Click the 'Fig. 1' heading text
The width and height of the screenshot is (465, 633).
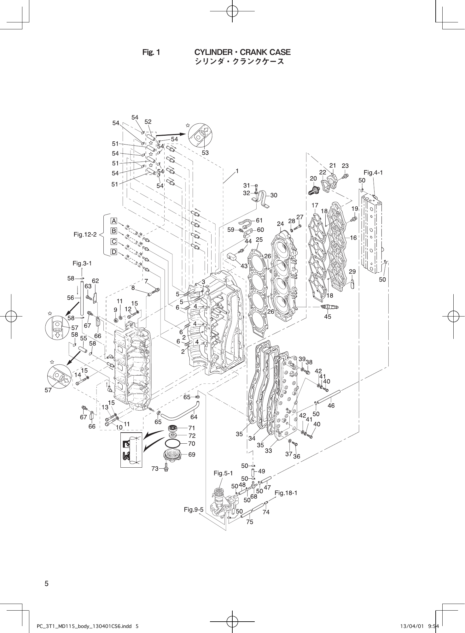[151, 52]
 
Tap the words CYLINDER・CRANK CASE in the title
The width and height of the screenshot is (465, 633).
[242, 52]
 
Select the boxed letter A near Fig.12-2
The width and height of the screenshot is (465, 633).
[114, 221]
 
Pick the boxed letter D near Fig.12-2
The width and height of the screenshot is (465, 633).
[114, 252]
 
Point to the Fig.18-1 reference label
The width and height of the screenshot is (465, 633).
[286, 493]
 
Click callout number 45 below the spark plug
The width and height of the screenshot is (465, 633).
[328, 316]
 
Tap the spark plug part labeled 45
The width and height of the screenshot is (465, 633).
[329, 307]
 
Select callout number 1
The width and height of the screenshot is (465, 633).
[237, 171]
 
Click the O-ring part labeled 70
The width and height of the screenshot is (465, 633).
[173, 443]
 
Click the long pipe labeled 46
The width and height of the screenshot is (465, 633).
[329, 397]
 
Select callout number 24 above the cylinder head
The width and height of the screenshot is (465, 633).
[281, 224]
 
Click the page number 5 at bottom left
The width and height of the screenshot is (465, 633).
[46, 583]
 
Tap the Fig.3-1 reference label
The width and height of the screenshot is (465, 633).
[82, 263]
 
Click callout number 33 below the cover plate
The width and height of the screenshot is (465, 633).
[268, 451]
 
